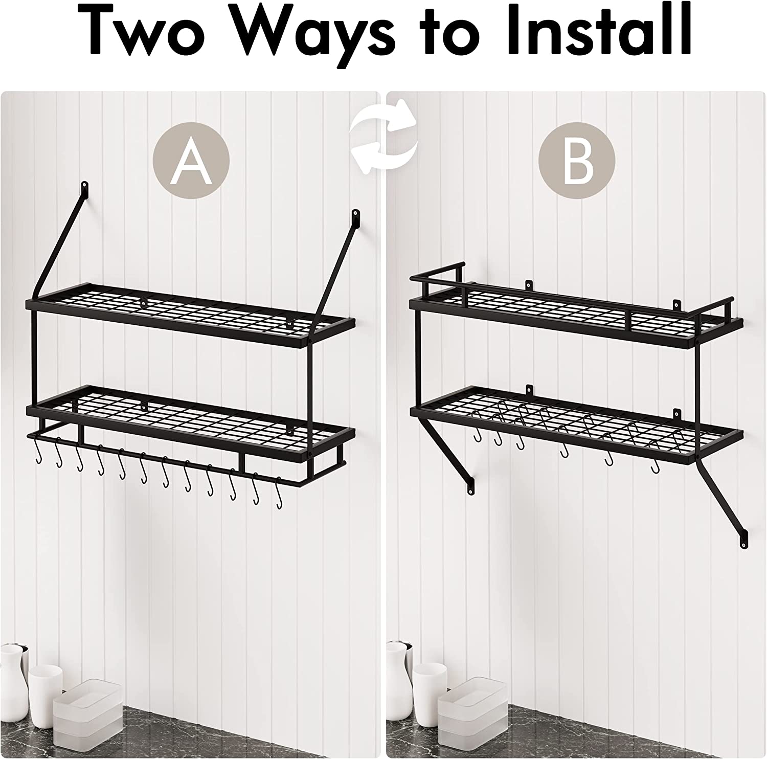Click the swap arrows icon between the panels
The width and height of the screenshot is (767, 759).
click(x=383, y=136)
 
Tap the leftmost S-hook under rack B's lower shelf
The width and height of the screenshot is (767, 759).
click(x=477, y=435)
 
